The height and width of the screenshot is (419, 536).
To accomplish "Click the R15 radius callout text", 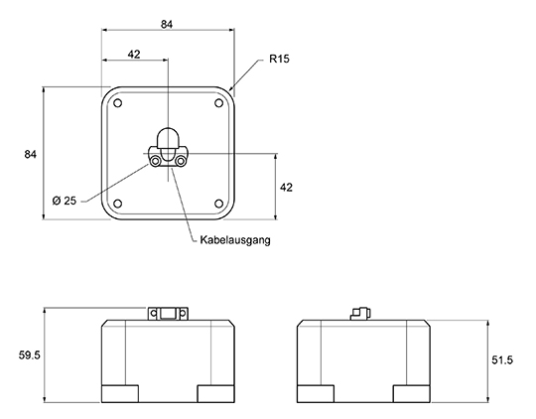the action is [279, 59].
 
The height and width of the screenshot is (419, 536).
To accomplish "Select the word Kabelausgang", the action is [235, 240].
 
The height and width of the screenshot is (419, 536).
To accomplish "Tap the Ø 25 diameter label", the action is [65, 201].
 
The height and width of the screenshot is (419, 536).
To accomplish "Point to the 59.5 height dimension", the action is [30, 355].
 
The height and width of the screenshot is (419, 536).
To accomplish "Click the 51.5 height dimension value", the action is [502, 360].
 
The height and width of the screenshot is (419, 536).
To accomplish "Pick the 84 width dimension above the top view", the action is [167, 24].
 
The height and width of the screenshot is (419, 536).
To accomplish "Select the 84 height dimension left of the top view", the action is [30, 154].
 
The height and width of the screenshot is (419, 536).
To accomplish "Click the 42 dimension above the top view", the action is [134, 54].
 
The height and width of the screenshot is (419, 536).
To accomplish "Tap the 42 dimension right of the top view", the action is [286, 188].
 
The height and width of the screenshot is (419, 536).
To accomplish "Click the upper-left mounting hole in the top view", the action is [117, 103].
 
